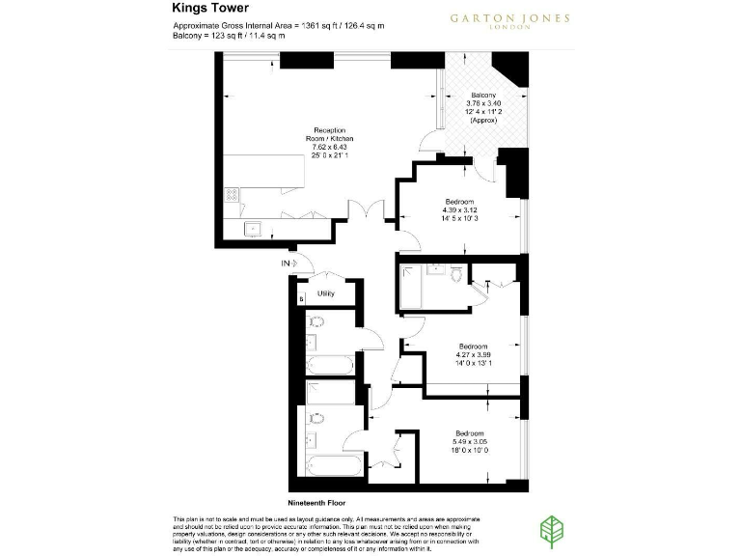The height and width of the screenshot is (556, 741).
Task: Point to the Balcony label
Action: point(483,95)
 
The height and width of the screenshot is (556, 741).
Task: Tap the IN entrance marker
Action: point(286,263)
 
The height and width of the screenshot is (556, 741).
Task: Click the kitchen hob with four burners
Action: point(232,193)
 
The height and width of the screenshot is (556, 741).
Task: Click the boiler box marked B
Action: point(302,298)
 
